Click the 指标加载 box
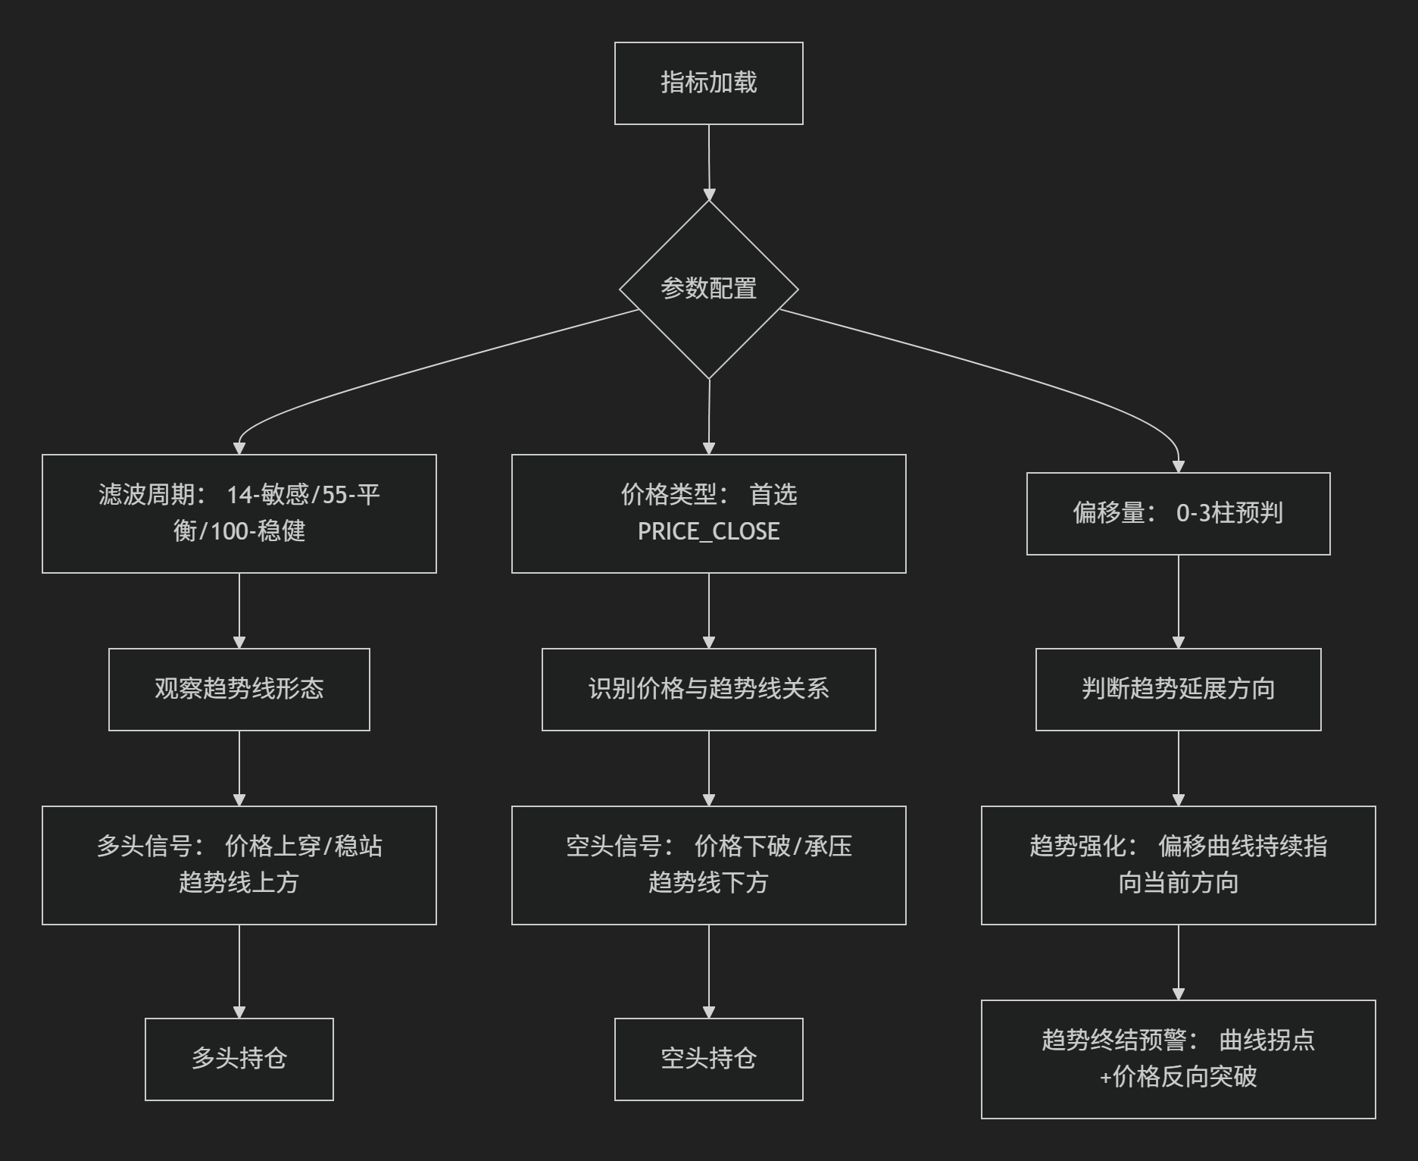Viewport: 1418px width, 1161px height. coord(708,83)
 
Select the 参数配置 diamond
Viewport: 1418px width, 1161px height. coord(709,289)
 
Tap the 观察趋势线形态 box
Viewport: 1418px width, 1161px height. coord(239,690)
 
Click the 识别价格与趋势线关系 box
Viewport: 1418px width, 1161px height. coord(708,690)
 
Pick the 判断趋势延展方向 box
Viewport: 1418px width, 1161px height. coord(1178,690)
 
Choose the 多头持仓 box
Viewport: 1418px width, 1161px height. coord(239,1059)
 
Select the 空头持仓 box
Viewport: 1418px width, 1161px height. coord(708,1059)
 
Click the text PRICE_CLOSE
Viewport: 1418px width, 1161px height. coord(708,531)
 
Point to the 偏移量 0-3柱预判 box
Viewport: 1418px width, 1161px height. coord(1178,514)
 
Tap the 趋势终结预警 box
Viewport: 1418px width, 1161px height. coord(1178,1059)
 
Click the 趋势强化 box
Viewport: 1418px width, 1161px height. coord(1178,865)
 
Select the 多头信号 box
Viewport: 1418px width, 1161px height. coord(239,865)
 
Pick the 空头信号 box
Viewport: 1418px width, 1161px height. coord(708,865)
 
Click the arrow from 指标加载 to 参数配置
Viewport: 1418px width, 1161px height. coord(709,162)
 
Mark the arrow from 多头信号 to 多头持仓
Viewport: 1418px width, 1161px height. coord(239,972)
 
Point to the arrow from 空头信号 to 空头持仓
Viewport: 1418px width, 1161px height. coord(709,972)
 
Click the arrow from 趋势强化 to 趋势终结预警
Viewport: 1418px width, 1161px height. coord(1178,962)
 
